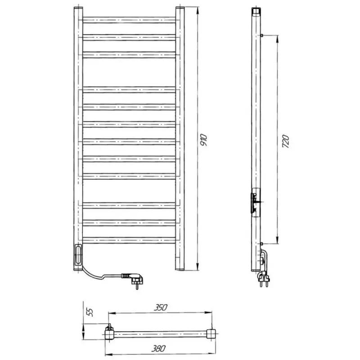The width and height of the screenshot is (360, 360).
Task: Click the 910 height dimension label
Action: [203, 140]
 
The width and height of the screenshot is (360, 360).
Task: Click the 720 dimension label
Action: [285, 141]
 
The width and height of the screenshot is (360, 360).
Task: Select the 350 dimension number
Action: [161, 307]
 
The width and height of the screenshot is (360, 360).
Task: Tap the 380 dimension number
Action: [158, 348]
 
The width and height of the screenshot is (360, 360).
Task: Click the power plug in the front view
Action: [133, 279]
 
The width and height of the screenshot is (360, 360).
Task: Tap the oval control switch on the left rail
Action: [78, 255]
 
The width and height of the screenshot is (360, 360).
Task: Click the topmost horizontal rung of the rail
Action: [129, 20]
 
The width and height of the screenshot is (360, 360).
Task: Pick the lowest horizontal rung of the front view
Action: [129, 240]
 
